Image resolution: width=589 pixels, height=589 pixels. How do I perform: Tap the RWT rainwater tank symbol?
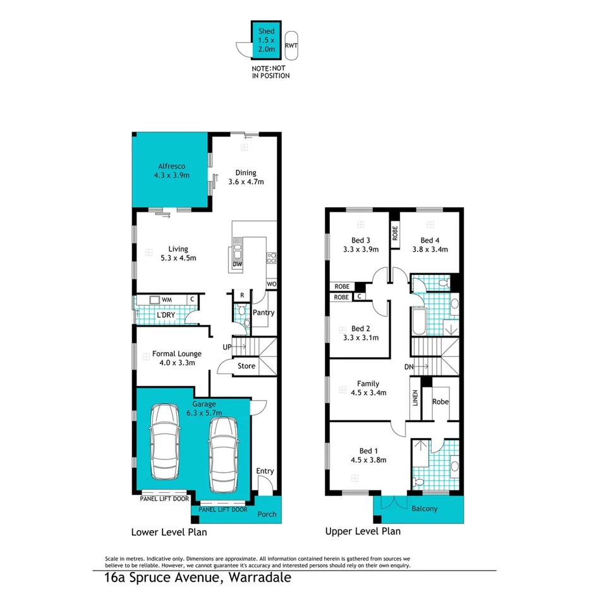tap(291, 46)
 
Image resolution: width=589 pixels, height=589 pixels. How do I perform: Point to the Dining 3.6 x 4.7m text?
tap(246, 177)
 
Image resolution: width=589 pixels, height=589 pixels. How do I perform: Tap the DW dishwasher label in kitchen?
tap(238, 264)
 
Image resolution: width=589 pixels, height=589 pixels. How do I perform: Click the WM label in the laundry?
tap(167, 300)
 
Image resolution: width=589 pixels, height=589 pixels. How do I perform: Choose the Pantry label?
tap(263, 313)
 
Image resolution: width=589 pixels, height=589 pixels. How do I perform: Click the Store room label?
tap(246, 366)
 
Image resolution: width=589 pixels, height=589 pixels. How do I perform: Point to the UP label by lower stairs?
tap(226, 347)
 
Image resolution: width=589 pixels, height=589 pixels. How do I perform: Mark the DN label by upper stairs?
tap(409, 367)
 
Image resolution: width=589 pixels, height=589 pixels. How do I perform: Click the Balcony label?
tap(424, 509)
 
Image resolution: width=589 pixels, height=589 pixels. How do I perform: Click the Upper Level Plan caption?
tap(363, 531)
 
